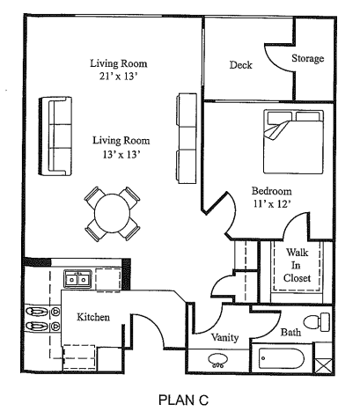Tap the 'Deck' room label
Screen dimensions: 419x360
(x=241, y=65)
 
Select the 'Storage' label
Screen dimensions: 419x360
(x=307, y=59)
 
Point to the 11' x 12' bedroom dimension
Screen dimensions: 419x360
(x=271, y=204)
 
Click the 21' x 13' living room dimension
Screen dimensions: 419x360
(x=118, y=77)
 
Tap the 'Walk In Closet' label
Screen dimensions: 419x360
(x=298, y=265)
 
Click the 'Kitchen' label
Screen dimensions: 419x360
(x=92, y=317)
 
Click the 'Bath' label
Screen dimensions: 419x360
(x=290, y=332)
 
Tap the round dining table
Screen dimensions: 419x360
(x=113, y=213)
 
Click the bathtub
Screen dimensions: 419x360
(x=282, y=361)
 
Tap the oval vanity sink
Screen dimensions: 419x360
(x=217, y=361)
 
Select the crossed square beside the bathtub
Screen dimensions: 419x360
(x=324, y=362)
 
